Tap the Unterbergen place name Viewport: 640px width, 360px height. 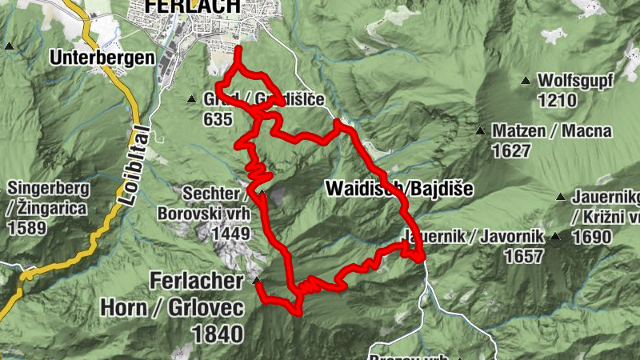pos(101,58)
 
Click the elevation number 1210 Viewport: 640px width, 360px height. pos(558,101)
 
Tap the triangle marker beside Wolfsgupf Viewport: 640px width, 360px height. pos(526,80)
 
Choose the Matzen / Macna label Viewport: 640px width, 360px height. pos(552,130)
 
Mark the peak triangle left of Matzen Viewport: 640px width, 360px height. pos(480,130)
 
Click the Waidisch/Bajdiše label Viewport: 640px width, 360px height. pos(399,189)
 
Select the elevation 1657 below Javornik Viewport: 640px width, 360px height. pos(524,256)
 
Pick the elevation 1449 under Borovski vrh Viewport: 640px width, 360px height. pos(232,233)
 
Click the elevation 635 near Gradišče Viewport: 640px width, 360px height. pos(218,120)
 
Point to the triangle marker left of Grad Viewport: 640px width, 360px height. pos(191,99)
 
